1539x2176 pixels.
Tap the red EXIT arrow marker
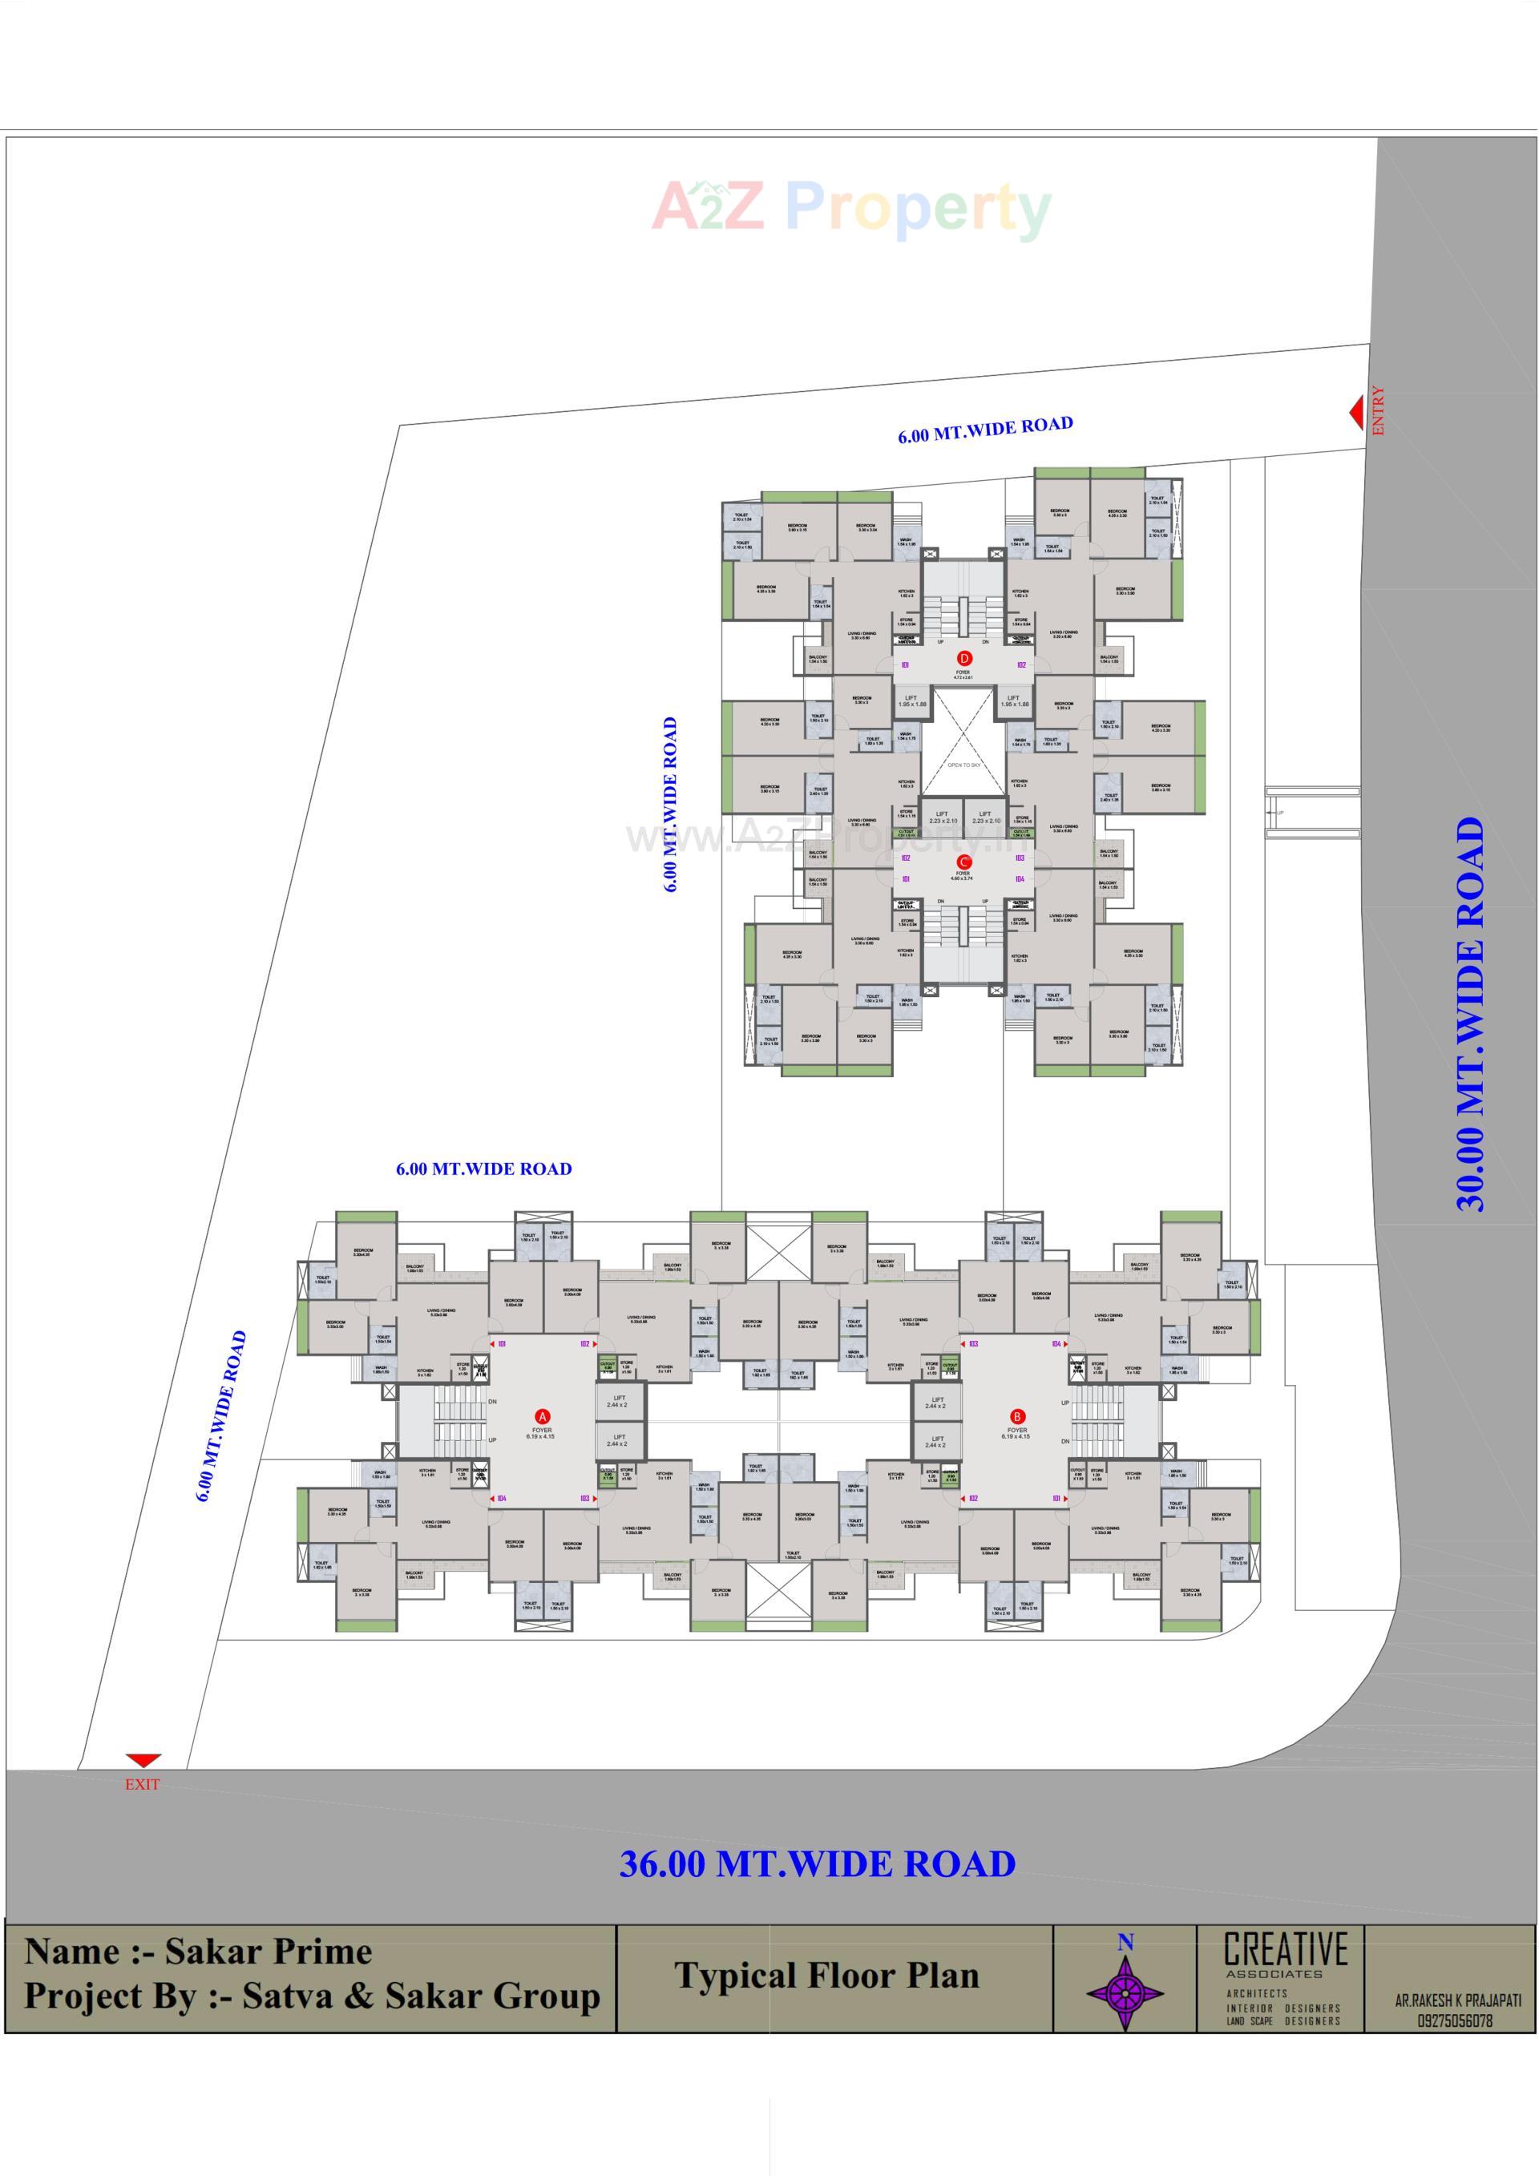pyautogui.click(x=143, y=1761)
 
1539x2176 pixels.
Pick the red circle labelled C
pyautogui.click(x=963, y=862)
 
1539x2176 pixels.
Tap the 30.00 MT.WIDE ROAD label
pyautogui.click(x=1470, y=1015)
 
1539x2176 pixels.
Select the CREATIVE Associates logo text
pyautogui.click(x=1285, y=1953)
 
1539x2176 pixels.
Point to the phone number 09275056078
pyautogui.click(x=1456, y=2021)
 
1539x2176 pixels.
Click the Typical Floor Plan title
pyautogui.click(x=826, y=1976)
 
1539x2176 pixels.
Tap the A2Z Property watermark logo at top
pyautogui.click(x=851, y=208)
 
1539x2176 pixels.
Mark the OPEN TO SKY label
pyautogui.click(x=963, y=765)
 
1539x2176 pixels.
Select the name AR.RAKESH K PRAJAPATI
pyautogui.click(x=1457, y=2000)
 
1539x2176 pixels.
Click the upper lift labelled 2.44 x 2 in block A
pyautogui.click(x=617, y=1402)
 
